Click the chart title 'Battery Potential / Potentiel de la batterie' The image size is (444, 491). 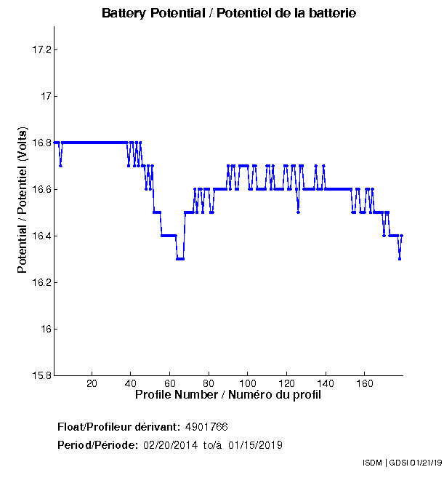coord(229,14)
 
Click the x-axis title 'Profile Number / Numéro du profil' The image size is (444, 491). coord(228,396)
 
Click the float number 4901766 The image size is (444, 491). coord(207,426)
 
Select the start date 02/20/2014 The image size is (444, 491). coord(169,445)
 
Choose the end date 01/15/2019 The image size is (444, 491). coord(255,445)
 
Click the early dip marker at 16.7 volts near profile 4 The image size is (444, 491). coord(60,165)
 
